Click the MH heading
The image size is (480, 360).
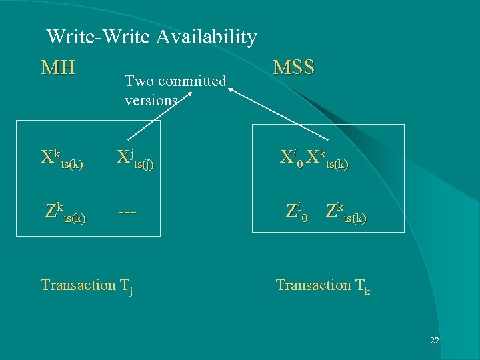pyautogui.click(x=58, y=67)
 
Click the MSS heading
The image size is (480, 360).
pyautogui.click(x=294, y=67)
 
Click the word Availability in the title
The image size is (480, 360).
pyautogui.click(x=206, y=37)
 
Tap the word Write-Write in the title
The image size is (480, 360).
pyautogui.click(x=99, y=37)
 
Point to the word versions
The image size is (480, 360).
pyautogui.click(x=151, y=100)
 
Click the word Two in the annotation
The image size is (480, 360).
pyautogui.click(x=138, y=81)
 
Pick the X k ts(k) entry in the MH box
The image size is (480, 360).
pyautogui.click(x=62, y=159)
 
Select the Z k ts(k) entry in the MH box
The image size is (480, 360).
pyautogui.click(x=65, y=212)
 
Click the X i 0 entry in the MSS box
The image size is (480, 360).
pyautogui.click(x=291, y=158)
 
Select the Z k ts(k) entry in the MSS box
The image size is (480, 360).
pyautogui.click(x=346, y=212)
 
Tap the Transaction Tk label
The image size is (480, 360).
pyautogui.click(x=323, y=285)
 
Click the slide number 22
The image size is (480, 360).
pyautogui.click(x=434, y=341)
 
